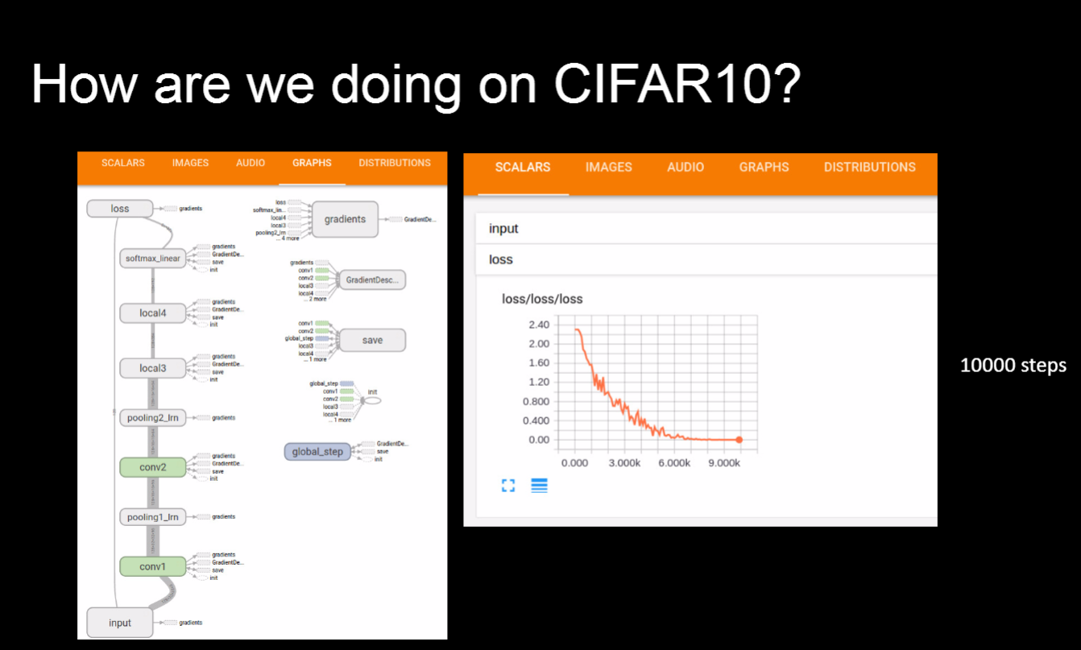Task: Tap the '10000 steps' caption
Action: click(x=1013, y=365)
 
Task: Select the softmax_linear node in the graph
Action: click(x=152, y=259)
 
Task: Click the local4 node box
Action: click(x=152, y=313)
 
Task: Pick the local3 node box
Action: click(x=152, y=368)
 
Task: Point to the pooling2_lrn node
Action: click(x=152, y=417)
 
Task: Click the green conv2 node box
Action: click(x=152, y=467)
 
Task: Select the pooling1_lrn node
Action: click(x=152, y=516)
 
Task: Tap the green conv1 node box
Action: click(x=152, y=566)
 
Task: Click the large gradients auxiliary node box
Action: click(x=345, y=219)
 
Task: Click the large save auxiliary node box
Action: click(x=371, y=340)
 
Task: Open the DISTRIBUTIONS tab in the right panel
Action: click(x=869, y=168)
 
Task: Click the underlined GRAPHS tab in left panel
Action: click(x=312, y=163)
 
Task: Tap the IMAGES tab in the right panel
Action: click(x=608, y=168)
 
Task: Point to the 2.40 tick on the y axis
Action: click(x=538, y=325)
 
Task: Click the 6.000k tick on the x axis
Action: click(x=673, y=463)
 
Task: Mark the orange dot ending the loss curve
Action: click(x=739, y=440)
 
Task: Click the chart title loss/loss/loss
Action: click(x=542, y=299)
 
